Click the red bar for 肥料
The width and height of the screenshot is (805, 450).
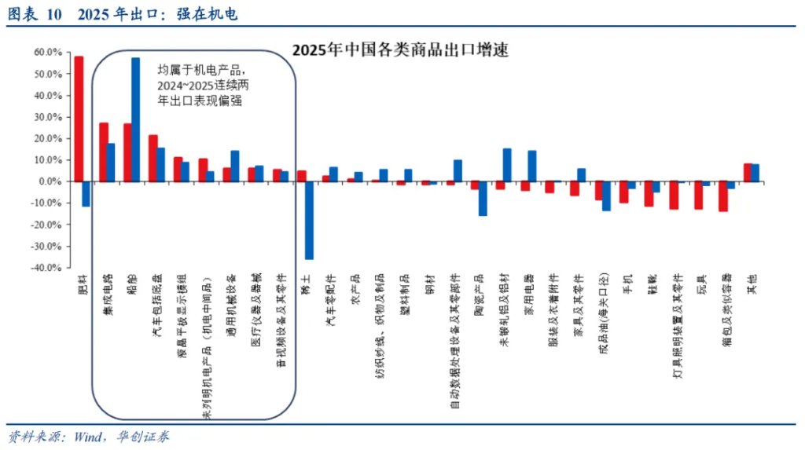pos(79,119)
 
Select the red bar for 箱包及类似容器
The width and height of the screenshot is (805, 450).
pos(722,196)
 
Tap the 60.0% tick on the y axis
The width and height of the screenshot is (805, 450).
pos(47,52)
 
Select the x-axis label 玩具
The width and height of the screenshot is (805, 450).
pos(700,284)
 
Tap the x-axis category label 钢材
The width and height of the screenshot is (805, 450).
pos(430,284)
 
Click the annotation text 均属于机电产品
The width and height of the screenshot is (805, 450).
pos(201,69)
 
